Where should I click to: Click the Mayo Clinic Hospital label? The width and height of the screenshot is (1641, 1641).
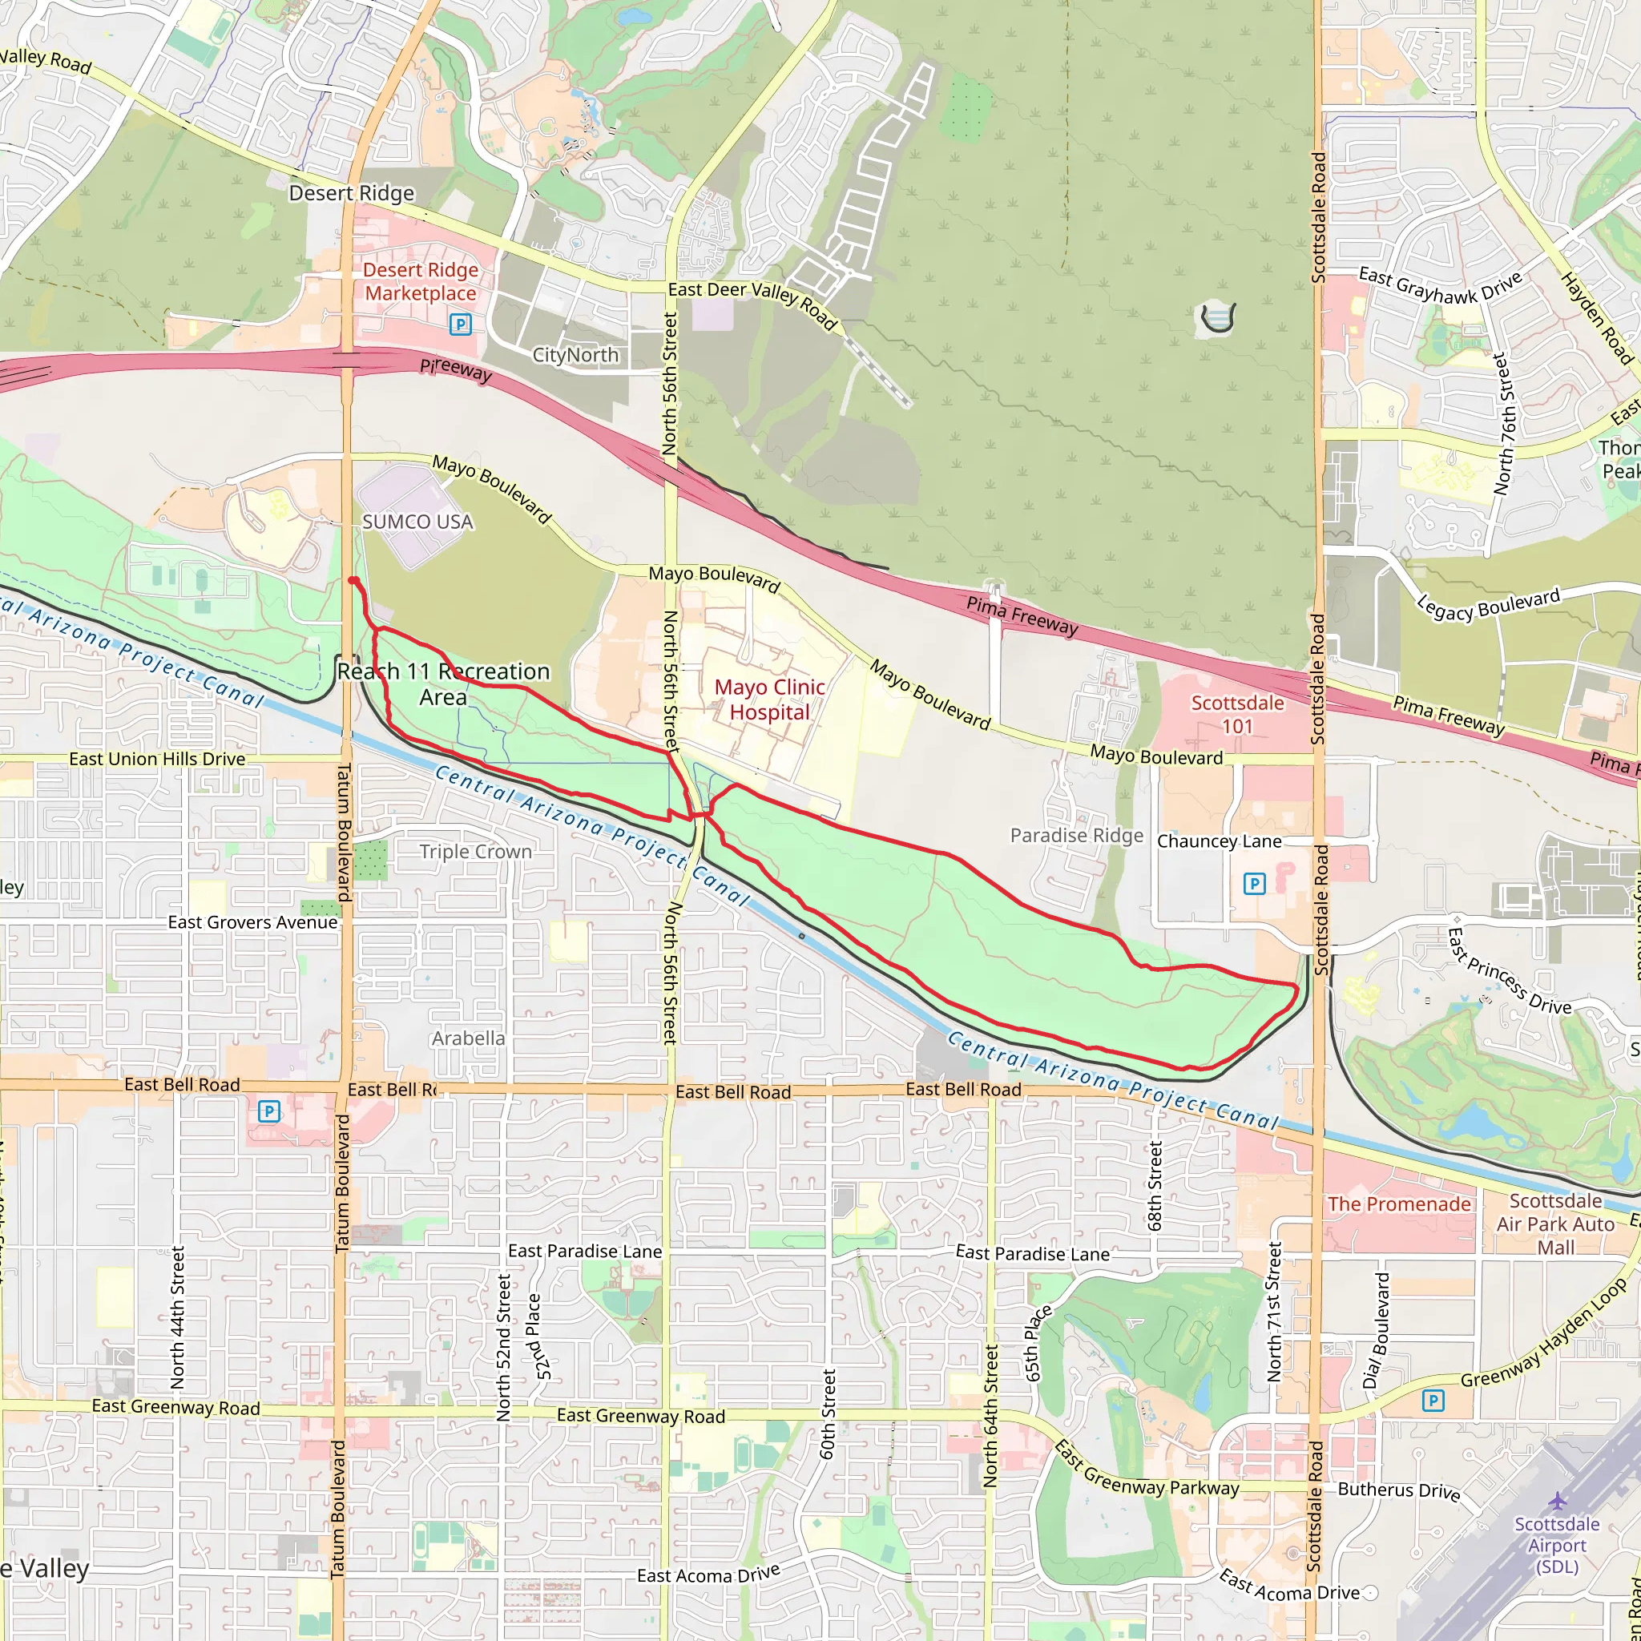pos(768,700)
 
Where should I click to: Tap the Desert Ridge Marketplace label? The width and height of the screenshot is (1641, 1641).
pos(421,281)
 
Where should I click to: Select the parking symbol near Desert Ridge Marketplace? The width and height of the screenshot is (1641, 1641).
pos(461,324)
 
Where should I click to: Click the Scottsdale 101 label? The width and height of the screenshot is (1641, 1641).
pos(1236,714)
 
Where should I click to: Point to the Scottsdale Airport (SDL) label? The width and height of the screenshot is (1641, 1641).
pos(1556,1545)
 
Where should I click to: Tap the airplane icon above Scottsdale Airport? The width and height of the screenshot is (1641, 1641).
pos(1557,1502)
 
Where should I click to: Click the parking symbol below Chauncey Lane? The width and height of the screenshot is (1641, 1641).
pos(1254,885)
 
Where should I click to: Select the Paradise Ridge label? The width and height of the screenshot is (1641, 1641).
pos(1076,836)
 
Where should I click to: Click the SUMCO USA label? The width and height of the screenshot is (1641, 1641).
pos(417,522)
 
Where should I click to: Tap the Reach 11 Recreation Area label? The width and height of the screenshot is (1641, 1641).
pos(443,683)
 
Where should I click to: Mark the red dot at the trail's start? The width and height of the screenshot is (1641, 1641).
pos(353,580)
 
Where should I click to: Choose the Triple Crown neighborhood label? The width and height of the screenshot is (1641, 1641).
pos(476,851)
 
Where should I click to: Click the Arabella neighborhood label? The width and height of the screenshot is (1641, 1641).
pos(468,1038)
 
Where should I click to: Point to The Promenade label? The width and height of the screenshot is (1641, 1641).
pos(1399,1204)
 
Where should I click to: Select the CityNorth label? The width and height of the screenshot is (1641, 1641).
pos(575,355)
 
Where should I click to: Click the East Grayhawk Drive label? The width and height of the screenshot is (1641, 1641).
pos(1440,284)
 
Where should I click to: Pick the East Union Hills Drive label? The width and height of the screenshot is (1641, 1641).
pos(157,759)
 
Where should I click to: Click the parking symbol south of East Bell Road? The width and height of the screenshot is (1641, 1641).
pos(268,1111)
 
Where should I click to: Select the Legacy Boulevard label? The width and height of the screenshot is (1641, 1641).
pos(1488,604)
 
